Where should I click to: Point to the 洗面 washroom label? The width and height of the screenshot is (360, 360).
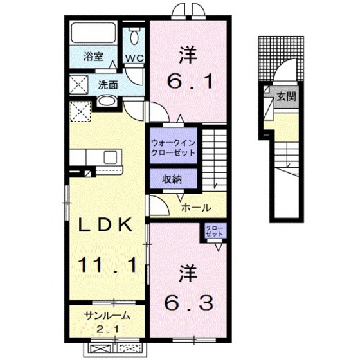[x=107, y=84]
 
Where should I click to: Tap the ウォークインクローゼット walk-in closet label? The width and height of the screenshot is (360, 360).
[x=173, y=147]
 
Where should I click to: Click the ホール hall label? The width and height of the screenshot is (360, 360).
[x=194, y=208]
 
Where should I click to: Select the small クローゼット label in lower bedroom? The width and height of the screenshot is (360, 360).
[x=213, y=231]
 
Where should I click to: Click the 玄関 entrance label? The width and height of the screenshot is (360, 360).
[x=286, y=98]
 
